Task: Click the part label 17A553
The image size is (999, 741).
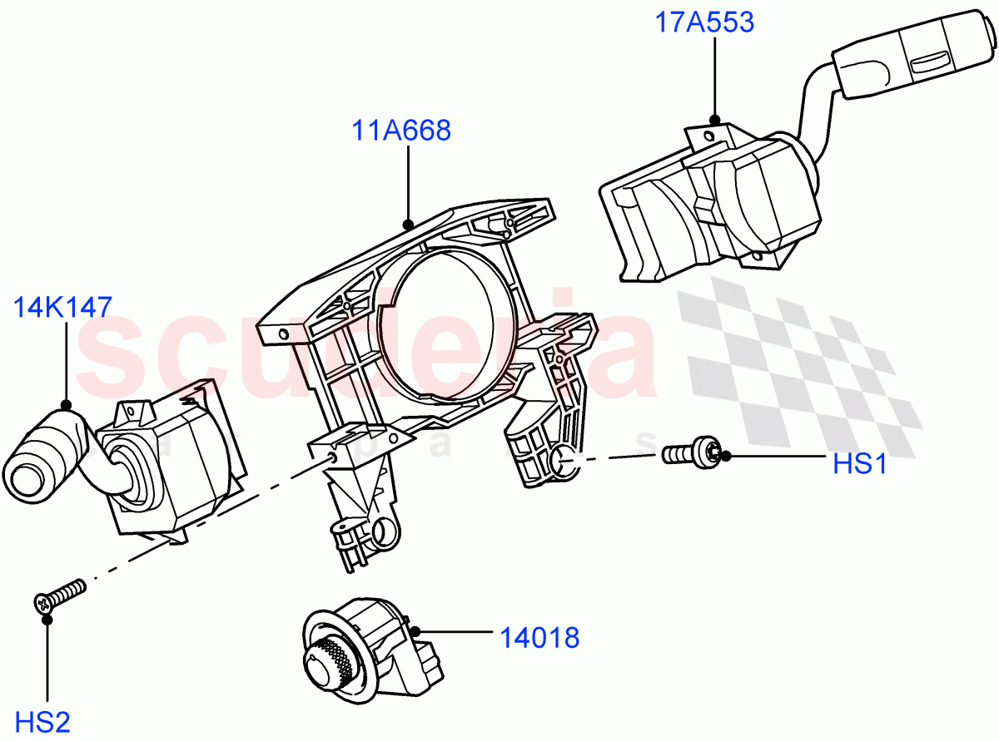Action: pos(704,22)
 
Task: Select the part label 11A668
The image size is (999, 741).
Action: pos(400,131)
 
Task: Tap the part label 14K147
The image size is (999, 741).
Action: pos(62,308)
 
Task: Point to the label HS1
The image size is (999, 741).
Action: pos(860,463)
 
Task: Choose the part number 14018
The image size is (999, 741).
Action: pos(539,638)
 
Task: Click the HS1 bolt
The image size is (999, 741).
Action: pos(690,453)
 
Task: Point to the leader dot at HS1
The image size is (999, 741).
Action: pos(725,455)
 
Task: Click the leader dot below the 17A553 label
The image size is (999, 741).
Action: pos(713,121)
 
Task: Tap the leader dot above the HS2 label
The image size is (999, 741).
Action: pos(47,619)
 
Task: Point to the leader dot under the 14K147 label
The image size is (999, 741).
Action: pos(67,406)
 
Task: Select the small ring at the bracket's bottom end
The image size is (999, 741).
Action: pos(384,533)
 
